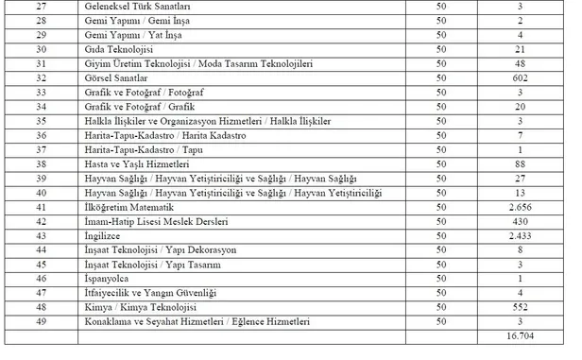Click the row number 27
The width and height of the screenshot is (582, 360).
click(x=40, y=6)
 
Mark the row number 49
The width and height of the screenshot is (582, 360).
click(x=40, y=321)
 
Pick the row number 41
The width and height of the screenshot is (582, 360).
click(x=40, y=204)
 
